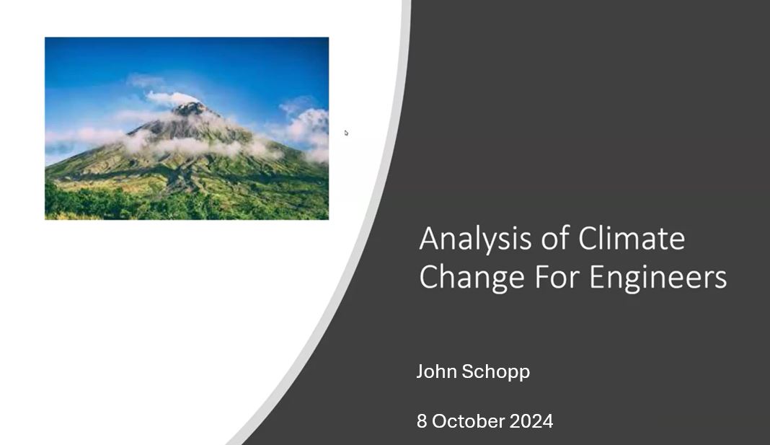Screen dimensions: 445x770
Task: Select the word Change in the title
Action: point(472,278)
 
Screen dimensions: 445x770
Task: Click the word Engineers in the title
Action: point(658,278)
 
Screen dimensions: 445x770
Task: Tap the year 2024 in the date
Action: point(531,421)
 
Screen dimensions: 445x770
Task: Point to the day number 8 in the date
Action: point(422,421)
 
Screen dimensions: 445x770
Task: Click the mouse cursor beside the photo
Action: point(346,133)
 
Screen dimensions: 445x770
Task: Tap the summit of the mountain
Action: point(190,106)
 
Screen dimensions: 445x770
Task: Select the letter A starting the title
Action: point(429,239)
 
